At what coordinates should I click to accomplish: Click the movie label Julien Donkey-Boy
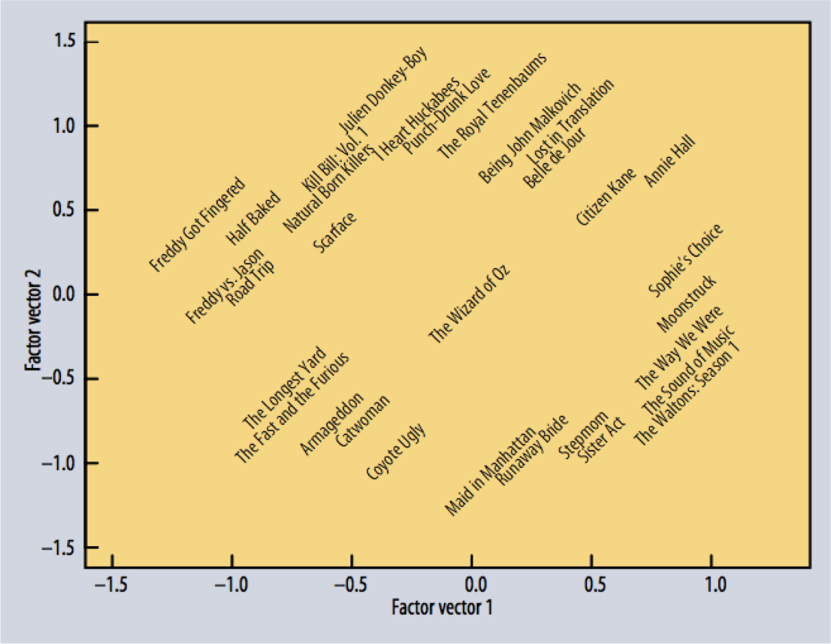384,90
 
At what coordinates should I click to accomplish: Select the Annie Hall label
669,160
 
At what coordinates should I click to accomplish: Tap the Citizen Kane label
606,197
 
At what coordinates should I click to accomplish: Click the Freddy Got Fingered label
197,225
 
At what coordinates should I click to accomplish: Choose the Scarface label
335,232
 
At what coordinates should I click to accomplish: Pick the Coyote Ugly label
396,451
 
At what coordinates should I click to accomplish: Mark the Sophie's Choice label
686,260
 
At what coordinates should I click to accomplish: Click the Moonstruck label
687,304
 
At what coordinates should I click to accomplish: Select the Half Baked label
253,218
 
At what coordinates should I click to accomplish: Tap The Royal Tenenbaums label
492,106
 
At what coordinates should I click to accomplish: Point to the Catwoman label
363,421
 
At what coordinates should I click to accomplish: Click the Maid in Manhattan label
490,471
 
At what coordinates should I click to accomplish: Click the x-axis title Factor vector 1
442,607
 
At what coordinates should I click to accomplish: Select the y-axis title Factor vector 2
34,320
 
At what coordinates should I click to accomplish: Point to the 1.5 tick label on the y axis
64,41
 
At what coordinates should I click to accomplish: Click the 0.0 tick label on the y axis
64,295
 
